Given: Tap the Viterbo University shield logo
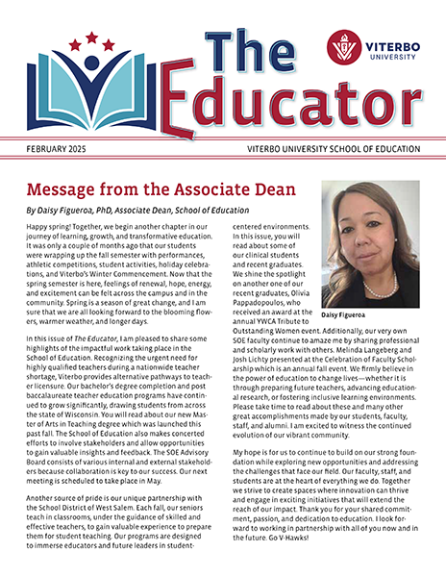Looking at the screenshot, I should [343, 46].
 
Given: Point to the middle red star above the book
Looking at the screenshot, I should [92, 38].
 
